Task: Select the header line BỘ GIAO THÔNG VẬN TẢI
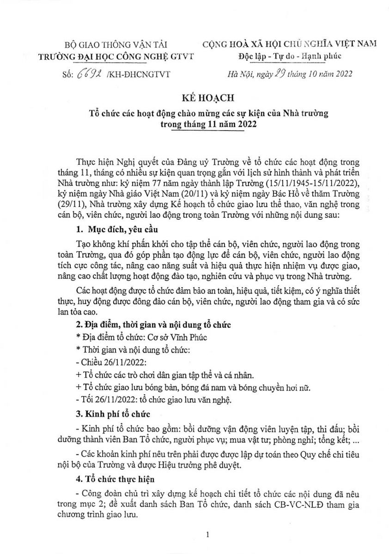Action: click(116, 45)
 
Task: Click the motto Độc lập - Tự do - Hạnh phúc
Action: click(290, 56)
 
